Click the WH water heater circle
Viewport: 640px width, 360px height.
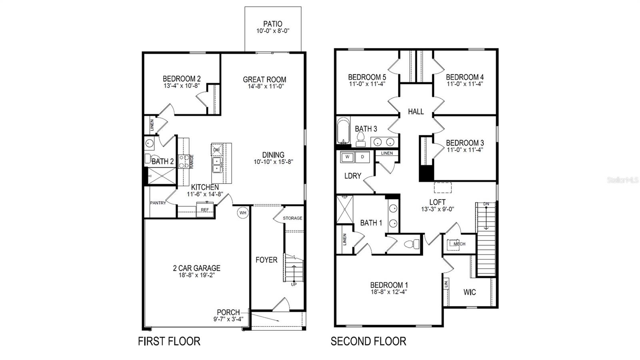(243, 213)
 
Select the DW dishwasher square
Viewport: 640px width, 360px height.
(216, 150)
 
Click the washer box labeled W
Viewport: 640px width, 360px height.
(347, 157)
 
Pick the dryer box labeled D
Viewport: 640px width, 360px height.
(362, 157)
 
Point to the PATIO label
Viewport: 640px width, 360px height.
(273, 24)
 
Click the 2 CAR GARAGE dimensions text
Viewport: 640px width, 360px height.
(197, 275)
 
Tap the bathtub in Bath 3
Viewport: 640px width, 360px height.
(343, 131)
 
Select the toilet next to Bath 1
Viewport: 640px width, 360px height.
(412, 244)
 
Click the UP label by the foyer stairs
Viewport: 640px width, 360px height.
(294, 284)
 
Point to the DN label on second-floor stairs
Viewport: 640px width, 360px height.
(486, 204)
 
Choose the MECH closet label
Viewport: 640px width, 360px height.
(459, 244)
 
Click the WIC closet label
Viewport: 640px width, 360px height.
(470, 292)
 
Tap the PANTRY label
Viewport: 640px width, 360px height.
(158, 203)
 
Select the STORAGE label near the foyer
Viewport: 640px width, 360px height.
(292, 218)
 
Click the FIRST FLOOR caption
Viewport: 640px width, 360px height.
(169, 341)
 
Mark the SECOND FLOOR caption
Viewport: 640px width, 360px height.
(368, 341)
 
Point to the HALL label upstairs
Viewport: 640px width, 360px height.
(416, 112)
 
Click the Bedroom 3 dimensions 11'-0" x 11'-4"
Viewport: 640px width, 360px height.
(465, 150)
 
